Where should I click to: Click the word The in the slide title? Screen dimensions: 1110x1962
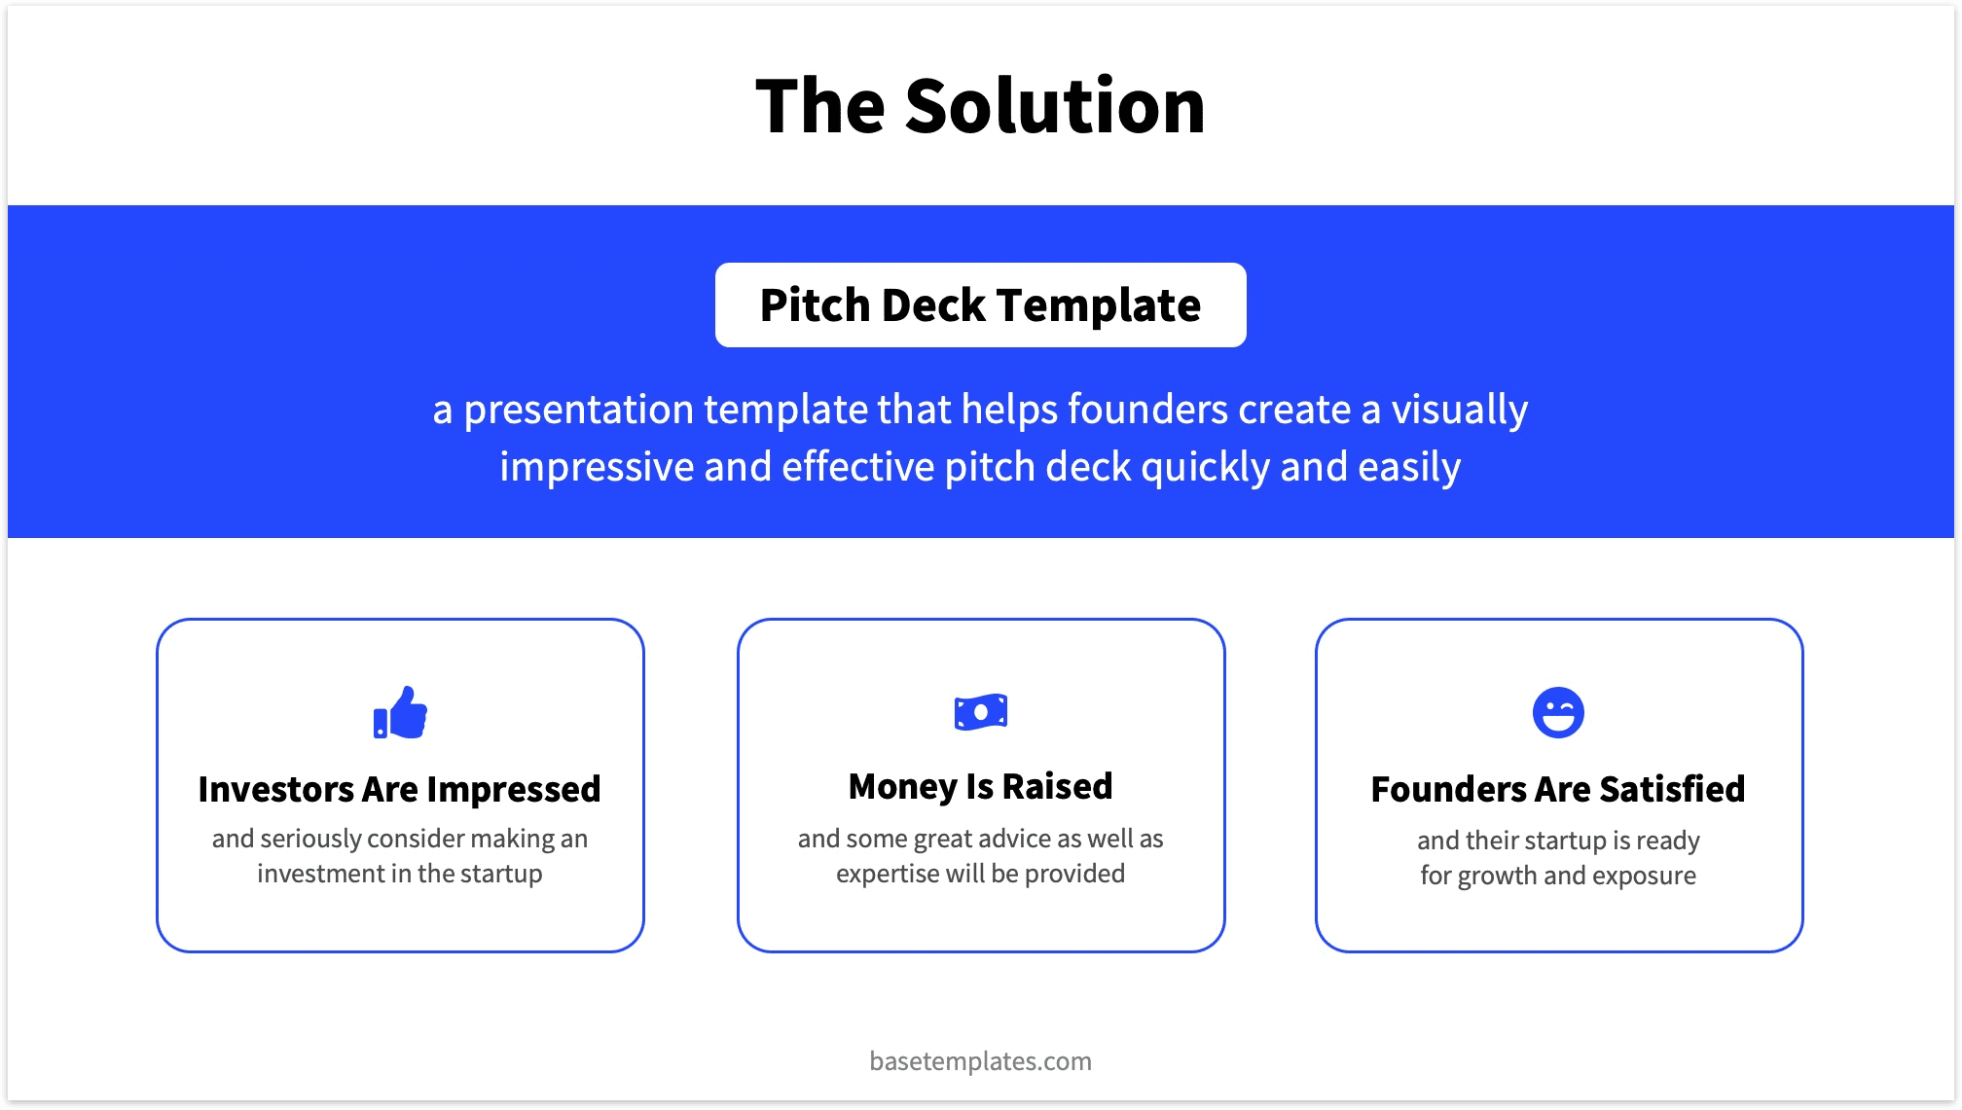(x=818, y=106)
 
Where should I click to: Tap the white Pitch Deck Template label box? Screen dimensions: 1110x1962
(x=980, y=305)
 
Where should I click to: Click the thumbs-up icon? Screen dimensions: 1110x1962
(x=400, y=713)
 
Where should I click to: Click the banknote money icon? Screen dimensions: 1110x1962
(x=980, y=712)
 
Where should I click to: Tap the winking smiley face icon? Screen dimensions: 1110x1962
(x=1557, y=713)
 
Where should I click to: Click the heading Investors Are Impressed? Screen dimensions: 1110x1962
(x=399, y=789)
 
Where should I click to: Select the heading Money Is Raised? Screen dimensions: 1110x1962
(x=980, y=786)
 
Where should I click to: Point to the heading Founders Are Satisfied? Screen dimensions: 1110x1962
(x=1557, y=789)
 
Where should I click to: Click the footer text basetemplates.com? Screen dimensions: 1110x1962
(x=980, y=1061)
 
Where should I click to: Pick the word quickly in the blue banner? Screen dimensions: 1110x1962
(x=1205, y=468)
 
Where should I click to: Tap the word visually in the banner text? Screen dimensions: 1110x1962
(x=1459, y=410)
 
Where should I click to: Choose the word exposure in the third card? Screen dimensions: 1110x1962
(x=1645, y=876)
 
